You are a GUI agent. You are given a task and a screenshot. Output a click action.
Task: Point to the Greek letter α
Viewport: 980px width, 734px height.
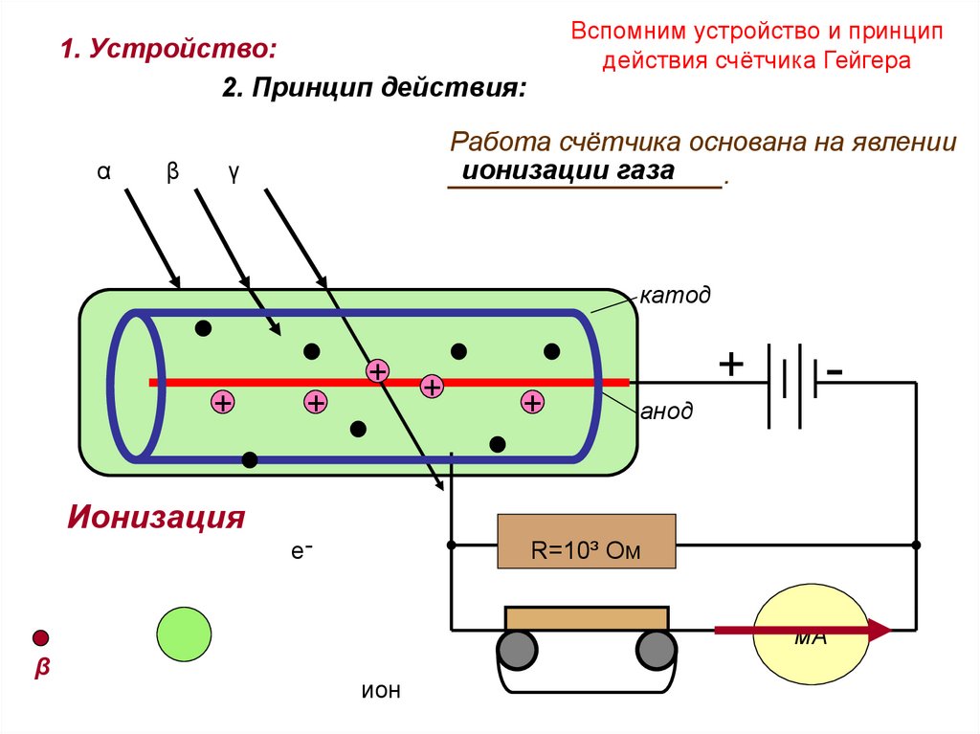click(x=103, y=172)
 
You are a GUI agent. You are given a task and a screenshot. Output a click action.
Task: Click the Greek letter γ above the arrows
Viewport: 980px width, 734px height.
click(x=233, y=172)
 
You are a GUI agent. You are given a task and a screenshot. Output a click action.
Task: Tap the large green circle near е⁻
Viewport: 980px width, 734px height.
click(x=184, y=634)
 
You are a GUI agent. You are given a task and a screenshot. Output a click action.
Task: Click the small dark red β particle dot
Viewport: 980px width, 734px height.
click(x=40, y=638)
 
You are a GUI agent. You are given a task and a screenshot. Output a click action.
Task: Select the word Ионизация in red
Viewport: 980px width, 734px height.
click(x=156, y=519)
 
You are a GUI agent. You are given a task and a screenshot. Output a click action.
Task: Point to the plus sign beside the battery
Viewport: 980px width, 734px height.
click(x=730, y=365)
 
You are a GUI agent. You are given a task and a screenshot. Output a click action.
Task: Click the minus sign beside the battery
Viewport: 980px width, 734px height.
click(x=835, y=370)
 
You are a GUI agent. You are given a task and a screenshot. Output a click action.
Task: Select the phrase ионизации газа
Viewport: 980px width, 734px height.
click(x=569, y=171)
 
